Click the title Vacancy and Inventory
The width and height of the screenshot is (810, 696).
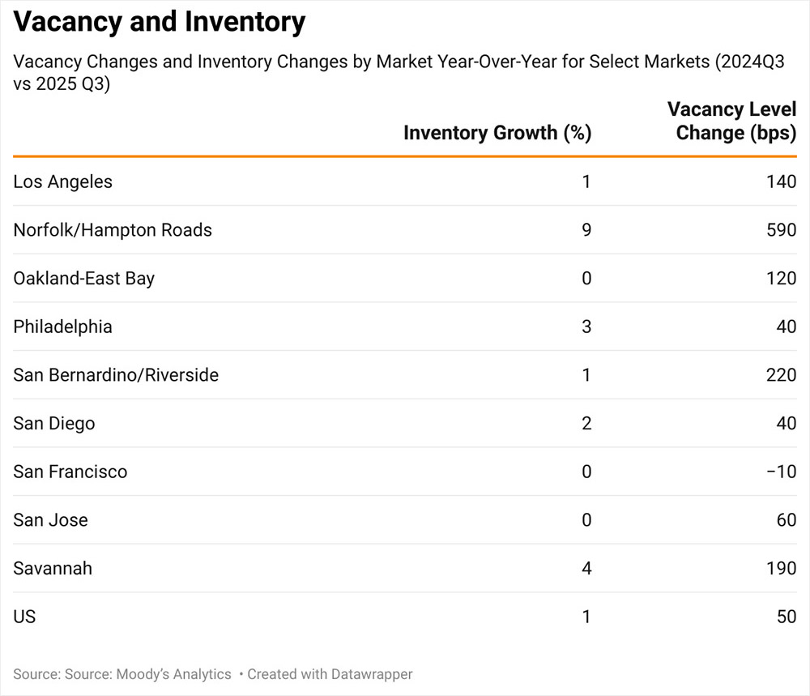160,22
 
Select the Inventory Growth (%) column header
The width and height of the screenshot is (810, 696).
497,133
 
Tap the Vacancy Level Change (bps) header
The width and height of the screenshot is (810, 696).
731,122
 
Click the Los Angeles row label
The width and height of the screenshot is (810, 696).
62,181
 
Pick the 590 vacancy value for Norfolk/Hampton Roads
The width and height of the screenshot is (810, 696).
781,230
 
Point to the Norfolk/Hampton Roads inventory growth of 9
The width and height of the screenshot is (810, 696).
586,230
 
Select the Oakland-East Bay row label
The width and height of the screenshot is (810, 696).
83,278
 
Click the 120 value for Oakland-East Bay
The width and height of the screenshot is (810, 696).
781,278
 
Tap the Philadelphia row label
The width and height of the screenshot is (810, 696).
62,327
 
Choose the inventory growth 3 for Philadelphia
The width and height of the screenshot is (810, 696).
586,327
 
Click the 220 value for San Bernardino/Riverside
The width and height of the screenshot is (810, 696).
781,375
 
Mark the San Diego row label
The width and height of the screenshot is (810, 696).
53,423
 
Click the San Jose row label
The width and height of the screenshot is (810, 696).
50,520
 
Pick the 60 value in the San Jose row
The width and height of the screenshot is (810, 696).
786,520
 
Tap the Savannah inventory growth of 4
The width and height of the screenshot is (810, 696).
586,568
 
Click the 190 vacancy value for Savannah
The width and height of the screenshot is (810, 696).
781,568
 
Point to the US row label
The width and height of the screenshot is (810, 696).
24,617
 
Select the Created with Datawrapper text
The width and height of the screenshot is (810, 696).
330,674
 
